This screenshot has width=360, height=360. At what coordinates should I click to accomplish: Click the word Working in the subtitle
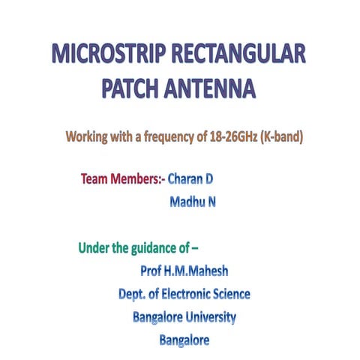(88, 138)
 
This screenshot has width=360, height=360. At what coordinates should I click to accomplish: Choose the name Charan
(185, 179)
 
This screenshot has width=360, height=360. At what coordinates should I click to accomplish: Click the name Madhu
(185, 202)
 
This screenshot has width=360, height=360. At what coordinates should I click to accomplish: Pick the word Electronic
(186, 294)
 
